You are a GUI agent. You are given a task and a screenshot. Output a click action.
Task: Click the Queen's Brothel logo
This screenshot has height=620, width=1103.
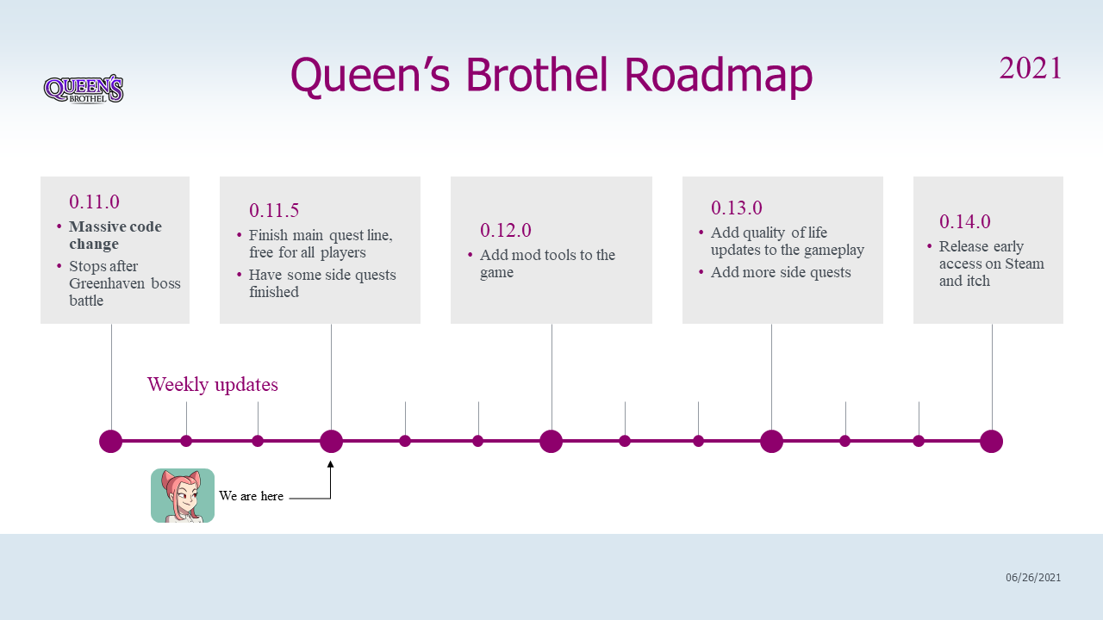point(84,89)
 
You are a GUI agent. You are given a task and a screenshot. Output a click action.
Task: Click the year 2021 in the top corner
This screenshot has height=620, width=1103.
point(1030,68)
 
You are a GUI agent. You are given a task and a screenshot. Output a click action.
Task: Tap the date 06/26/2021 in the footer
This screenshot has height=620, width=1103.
point(1033,577)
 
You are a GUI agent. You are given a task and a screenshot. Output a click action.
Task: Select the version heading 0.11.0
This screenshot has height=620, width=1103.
point(94,201)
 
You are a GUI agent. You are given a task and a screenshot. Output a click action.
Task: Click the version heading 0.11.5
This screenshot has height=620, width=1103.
point(274,211)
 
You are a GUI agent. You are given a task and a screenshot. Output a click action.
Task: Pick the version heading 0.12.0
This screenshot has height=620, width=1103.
point(505,230)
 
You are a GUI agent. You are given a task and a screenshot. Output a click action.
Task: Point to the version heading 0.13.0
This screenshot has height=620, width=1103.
point(736,208)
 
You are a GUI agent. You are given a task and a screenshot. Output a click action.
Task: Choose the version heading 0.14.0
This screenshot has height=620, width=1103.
point(964,221)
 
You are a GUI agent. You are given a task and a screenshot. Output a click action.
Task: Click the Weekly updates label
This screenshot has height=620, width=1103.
point(213,384)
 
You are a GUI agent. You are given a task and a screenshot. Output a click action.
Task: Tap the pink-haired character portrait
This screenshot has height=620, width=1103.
point(183,495)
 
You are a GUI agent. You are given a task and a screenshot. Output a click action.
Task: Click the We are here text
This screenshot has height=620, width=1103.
point(251,496)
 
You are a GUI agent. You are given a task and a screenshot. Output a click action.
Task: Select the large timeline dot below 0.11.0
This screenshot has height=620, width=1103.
point(111,441)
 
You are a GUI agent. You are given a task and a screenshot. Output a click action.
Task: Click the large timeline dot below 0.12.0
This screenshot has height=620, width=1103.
point(551,441)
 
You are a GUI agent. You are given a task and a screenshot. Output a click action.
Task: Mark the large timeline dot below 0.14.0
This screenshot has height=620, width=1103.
point(991,441)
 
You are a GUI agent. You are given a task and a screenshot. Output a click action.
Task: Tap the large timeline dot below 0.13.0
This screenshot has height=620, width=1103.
point(771,441)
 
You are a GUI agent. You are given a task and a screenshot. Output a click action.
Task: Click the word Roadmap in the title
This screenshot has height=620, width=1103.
point(719,75)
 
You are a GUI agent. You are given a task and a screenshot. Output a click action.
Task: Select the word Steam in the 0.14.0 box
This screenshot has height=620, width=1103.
point(1025,263)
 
